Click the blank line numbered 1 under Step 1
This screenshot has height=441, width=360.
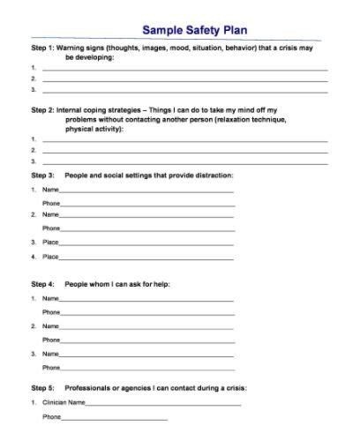[184, 68]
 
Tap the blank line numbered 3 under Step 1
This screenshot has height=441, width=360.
[184, 89]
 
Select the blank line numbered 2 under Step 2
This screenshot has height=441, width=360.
[184, 151]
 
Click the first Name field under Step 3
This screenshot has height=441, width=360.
[146, 191]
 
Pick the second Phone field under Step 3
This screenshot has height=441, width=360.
[146, 228]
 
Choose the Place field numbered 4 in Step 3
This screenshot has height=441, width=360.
[146, 257]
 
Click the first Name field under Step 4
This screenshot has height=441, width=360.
[146, 300]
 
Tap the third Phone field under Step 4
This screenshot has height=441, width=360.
[146, 367]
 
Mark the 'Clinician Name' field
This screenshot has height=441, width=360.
[163, 403]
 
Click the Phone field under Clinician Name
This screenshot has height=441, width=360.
[115, 416]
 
